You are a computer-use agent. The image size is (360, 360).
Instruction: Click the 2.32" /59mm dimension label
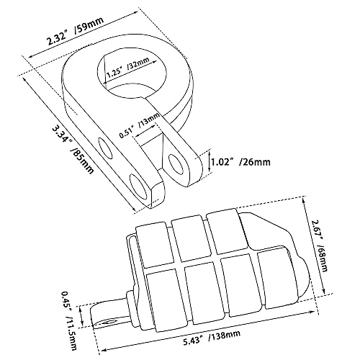[76, 31]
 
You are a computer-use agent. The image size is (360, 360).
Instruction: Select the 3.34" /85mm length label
[73, 150]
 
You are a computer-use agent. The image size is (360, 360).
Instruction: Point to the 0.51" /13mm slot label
[140, 125]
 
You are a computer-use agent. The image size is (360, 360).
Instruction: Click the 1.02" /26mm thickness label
[240, 162]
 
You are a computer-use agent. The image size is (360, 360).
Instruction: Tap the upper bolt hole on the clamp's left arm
[105, 148]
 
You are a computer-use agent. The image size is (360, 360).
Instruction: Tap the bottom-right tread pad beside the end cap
[274, 279]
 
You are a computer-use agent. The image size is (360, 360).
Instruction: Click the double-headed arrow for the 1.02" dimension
[210, 161]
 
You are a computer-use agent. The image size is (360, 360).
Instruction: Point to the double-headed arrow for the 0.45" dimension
[82, 316]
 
